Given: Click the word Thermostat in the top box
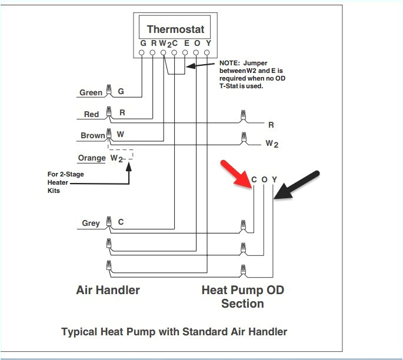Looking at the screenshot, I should click(175, 29).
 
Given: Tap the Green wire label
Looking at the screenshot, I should click(91, 92).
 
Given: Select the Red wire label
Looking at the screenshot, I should click(91, 114).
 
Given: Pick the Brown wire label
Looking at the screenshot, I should click(92, 135).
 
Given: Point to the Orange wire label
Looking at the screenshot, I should click(91, 158).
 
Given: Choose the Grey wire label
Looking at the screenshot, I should click(91, 223).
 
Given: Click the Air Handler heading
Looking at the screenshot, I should click(108, 290).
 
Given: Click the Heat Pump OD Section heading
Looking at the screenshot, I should click(242, 296).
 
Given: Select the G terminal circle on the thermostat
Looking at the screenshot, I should click(142, 53).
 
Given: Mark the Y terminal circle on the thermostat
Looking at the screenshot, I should click(207, 53).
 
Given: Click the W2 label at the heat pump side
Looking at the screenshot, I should click(271, 143).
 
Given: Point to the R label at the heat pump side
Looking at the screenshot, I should click(271, 125).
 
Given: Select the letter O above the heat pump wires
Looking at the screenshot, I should click(264, 179).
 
